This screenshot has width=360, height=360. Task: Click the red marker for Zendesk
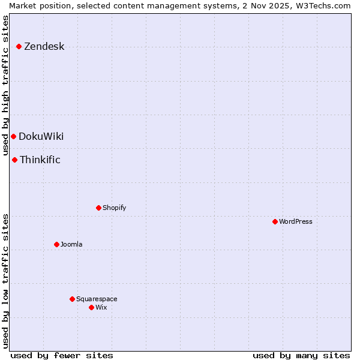coord(19,46)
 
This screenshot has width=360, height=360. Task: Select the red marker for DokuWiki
coord(13,136)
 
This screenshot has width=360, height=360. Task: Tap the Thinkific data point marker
coord(14,160)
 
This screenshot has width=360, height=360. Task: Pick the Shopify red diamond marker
coord(98,208)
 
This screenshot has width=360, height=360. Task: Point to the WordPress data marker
coord(275,221)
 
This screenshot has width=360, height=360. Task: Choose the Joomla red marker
coord(56,244)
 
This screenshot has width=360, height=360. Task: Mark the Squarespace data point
coord(72,299)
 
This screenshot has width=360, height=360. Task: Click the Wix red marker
coord(91,307)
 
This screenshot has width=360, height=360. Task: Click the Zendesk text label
coord(44,46)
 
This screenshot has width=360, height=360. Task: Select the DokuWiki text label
coord(41,136)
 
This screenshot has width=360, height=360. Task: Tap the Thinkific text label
coord(40,160)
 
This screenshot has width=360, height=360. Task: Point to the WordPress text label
coord(296,221)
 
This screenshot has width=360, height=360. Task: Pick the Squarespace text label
coord(97,299)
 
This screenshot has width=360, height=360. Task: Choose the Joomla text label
coord(71,244)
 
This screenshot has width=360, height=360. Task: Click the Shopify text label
coord(114,208)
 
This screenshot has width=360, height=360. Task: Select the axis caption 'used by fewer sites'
coord(62,355)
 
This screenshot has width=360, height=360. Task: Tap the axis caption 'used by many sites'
coord(301,355)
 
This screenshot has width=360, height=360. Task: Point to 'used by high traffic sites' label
coord(5,85)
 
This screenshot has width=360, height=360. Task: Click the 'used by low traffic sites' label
coord(5,280)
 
